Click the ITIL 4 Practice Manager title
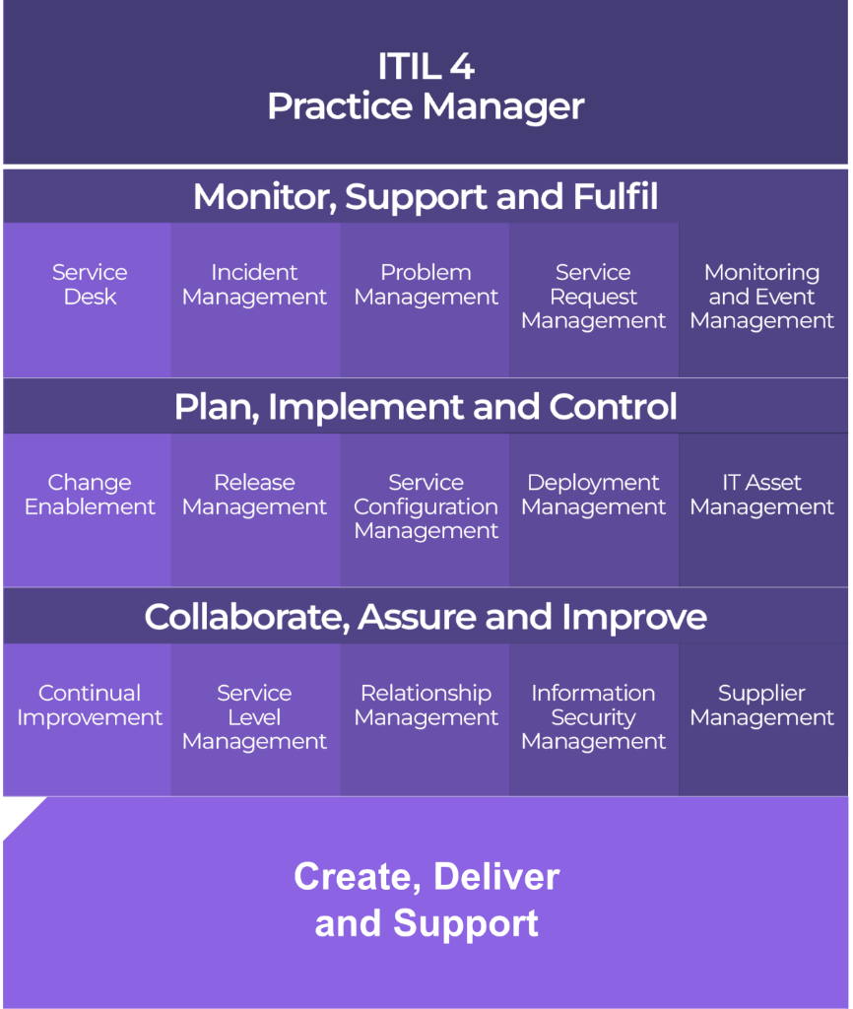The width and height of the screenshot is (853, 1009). coord(426,87)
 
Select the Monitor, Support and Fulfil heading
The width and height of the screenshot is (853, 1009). coord(426,197)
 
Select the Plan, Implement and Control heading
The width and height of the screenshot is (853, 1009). coord(426,407)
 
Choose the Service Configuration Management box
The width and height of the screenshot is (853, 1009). coord(426,506)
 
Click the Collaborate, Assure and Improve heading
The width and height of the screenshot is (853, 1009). coord(426,617)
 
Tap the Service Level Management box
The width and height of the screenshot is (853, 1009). coord(254,717)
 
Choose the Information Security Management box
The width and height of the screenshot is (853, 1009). coord(593,717)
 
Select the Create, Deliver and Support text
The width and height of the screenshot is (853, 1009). coord(426,900)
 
